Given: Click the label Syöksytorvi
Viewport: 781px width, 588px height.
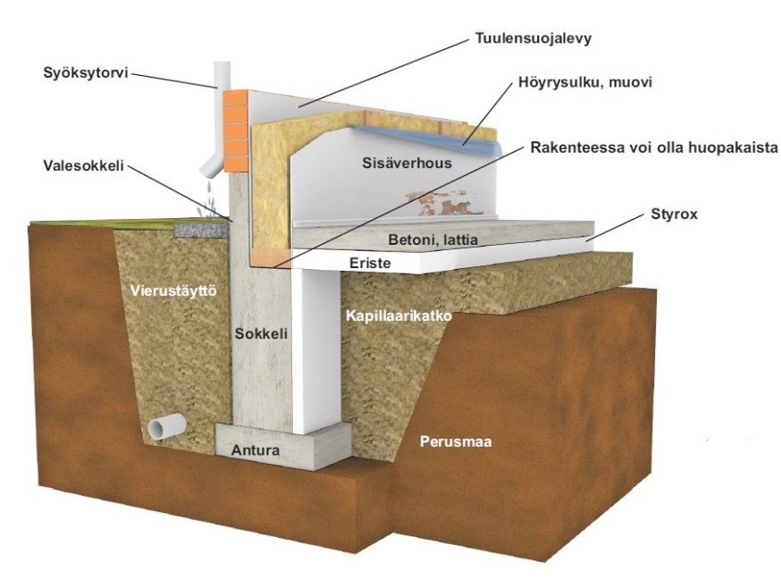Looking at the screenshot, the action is (x=86, y=73).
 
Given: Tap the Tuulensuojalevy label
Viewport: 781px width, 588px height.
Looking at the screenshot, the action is (x=533, y=38).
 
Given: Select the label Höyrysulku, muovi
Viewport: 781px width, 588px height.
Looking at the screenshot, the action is (x=585, y=81).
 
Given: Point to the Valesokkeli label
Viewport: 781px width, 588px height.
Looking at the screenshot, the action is (x=83, y=165).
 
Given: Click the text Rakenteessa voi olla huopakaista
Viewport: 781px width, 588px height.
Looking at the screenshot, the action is (x=654, y=148).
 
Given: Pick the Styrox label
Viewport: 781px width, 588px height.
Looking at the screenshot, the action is (x=675, y=214).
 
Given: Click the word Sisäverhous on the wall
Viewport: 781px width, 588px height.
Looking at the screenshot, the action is (x=407, y=163).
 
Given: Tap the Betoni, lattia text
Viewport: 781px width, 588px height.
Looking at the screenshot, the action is (x=432, y=239).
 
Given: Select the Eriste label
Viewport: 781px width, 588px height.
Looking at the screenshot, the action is (x=370, y=263).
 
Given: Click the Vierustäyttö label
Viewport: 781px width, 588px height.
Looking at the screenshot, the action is (x=174, y=290).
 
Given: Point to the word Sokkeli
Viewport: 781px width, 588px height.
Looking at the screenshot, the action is (x=262, y=333).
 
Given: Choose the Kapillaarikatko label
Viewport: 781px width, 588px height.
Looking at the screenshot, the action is (x=399, y=316).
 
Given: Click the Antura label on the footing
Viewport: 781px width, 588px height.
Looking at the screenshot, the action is (x=256, y=450).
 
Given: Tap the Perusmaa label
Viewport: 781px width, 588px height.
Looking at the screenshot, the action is (x=456, y=441).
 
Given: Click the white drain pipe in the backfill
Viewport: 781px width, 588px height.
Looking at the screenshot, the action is (x=167, y=427).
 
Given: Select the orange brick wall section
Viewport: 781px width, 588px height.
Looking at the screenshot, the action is (x=235, y=131).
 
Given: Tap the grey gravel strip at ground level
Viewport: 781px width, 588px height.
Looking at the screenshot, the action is (x=202, y=230).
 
